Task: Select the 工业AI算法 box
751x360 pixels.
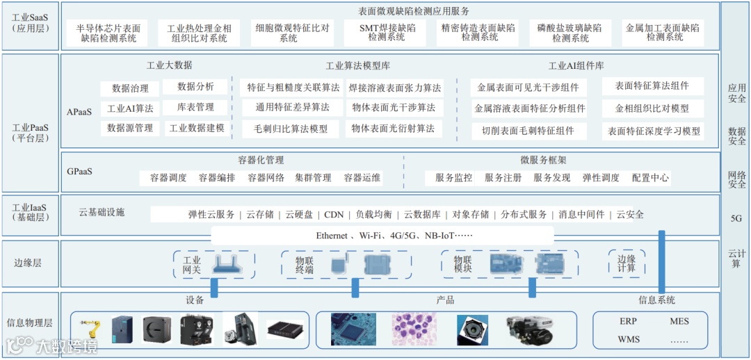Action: click(x=130, y=109)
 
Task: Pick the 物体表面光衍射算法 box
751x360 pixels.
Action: click(x=393, y=129)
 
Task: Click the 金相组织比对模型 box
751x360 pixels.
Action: click(x=652, y=109)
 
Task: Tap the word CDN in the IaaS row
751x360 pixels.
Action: click(x=334, y=215)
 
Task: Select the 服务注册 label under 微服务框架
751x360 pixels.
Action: click(x=503, y=178)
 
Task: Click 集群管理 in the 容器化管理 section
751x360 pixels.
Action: click(x=312, y=178)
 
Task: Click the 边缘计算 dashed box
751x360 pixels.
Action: click(x=627, y=263)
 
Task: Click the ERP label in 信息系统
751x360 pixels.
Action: click(x=628, y=322)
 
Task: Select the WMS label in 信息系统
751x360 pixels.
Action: click(x=628, y=340)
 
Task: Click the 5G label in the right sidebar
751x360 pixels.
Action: click(x=736, y=218)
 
